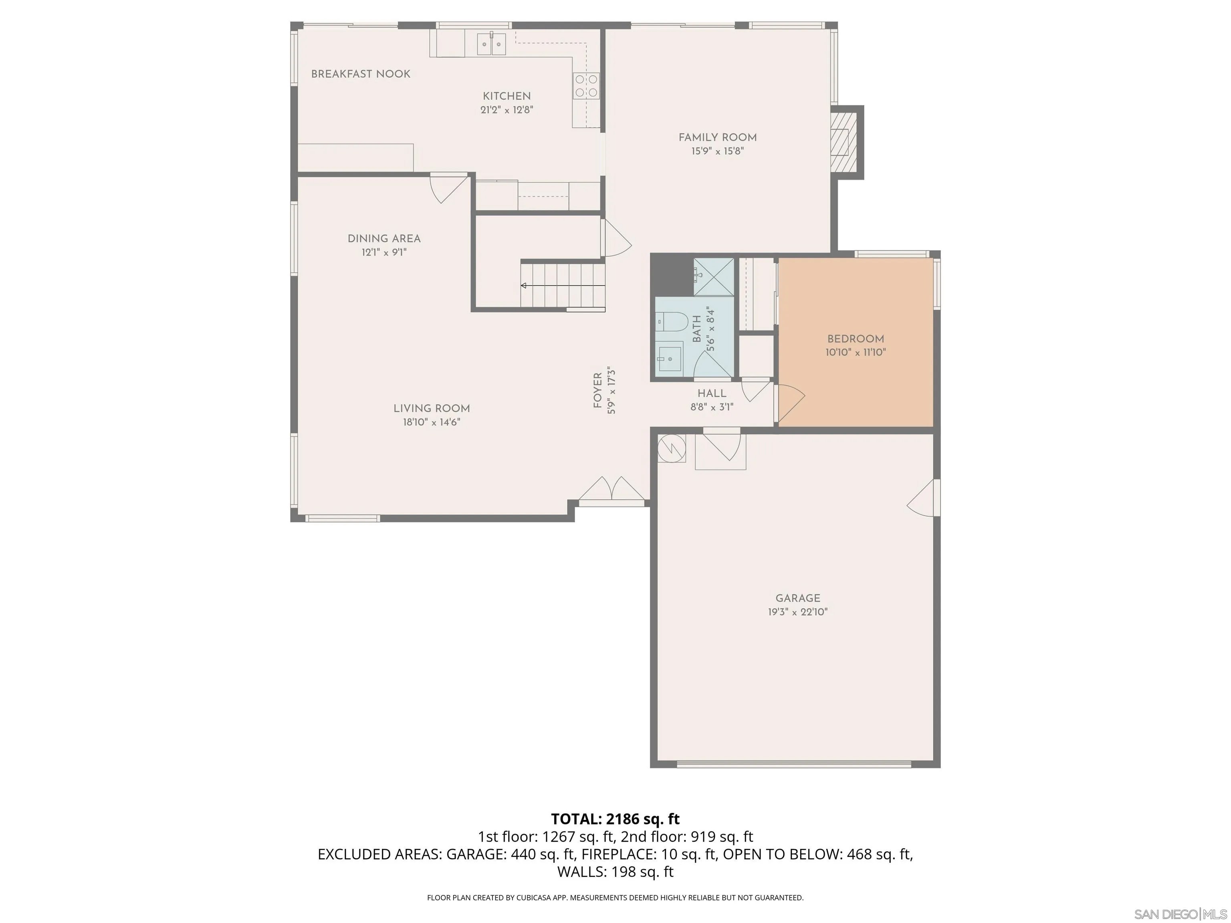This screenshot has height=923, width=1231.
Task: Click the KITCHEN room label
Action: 507,96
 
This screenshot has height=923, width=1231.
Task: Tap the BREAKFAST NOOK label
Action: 361,74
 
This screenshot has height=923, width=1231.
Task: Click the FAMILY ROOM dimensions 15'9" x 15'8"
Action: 717,151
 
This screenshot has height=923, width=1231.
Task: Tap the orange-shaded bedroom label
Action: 856,339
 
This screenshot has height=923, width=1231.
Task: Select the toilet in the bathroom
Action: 670,322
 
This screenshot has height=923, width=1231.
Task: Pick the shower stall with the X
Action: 714,277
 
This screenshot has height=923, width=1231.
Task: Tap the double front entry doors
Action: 612,490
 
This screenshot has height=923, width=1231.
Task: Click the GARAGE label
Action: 797,598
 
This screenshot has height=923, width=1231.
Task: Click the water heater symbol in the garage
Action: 671,447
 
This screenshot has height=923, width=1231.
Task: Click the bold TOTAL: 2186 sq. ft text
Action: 615,818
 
